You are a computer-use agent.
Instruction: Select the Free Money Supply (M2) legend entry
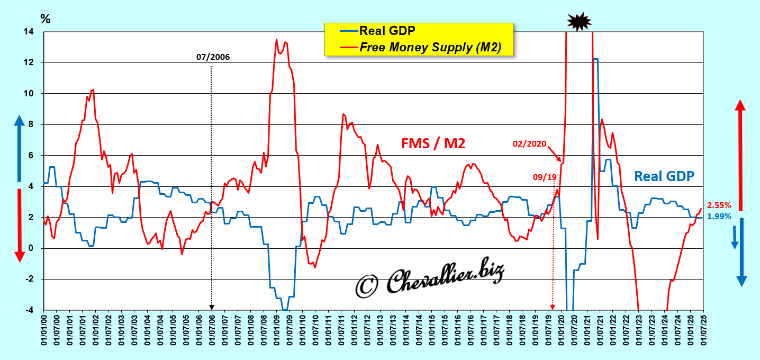[430, 47]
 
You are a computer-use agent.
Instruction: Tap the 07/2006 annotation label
[213, 57]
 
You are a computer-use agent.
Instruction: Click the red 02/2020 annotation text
[529, 143]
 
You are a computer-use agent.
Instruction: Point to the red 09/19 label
[545, 177]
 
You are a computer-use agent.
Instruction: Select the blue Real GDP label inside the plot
[664, 176]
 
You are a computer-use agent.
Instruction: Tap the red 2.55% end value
[719, 205]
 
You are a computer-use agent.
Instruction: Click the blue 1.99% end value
[719, 216]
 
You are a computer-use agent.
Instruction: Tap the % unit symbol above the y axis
[46, 19]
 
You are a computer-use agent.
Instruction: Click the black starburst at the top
[578, 21]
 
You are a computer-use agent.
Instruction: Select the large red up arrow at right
[740, 154]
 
